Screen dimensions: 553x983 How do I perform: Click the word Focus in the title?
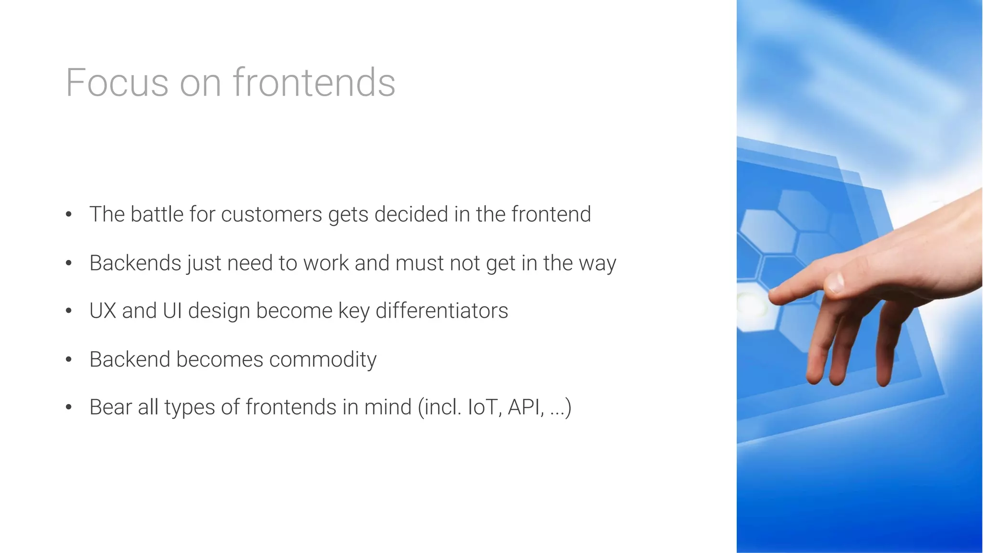point(117,83)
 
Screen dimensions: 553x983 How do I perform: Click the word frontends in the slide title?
point(314,83)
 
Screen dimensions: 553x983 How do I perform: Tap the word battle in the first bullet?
point(156,214)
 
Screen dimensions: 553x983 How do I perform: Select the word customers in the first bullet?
point(271,214)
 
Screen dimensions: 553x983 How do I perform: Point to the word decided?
point(411,214)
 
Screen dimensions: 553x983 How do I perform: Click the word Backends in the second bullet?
point(135,263)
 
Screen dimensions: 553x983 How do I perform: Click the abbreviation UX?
point(103,311)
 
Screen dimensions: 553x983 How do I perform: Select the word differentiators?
point(442,311)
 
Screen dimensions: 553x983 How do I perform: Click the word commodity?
point(323,360)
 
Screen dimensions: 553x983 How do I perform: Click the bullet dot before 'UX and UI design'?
point(69,311)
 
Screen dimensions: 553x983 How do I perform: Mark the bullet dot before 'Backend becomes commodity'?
point(69,359)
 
